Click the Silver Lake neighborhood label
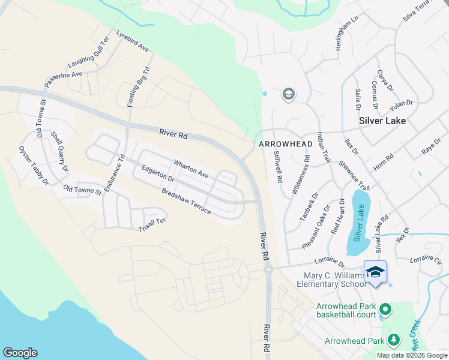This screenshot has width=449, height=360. tap(382, 121)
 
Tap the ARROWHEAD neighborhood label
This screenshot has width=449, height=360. tap(285, 145)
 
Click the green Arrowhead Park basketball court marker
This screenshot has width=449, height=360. tap(385, 310)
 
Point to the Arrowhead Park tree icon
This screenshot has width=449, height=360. tap(394, 340)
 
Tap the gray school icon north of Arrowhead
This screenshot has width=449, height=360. tap(289, 94)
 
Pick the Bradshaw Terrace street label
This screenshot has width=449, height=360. tap(185, 202)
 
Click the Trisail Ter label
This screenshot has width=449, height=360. tap(151, 225)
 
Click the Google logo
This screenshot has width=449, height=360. tap(20, 353)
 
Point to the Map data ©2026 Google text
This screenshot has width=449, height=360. tap(411, 355)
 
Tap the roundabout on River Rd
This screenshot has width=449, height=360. tap(268, 269)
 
